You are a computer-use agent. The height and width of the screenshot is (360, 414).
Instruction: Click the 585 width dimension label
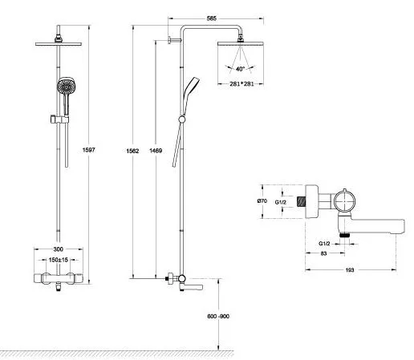(x=211, y=18)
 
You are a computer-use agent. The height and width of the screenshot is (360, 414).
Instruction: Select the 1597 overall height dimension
(x=88, y=150)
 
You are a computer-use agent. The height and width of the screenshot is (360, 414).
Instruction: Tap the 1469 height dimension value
(x=156, y=151)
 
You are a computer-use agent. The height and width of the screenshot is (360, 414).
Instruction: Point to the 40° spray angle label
(x=240, y=69)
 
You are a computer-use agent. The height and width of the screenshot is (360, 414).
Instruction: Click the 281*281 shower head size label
(x=241, y=83)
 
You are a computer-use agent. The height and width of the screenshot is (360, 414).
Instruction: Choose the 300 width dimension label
(x=58, y=249)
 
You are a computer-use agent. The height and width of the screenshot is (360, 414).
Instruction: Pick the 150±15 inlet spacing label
(x=59, y=260)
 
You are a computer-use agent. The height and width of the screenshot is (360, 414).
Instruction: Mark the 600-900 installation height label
(x=218, y=316)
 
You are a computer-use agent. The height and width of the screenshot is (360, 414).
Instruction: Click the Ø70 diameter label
(x=262, y=201)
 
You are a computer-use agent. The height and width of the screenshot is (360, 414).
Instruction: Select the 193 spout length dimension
(x=350, y=270)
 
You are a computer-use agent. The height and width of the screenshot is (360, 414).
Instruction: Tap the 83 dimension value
(x=323, y=253)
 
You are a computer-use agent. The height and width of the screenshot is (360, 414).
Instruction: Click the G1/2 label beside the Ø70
(x=281, y=202)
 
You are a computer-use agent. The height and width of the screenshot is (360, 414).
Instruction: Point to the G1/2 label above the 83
(x=324, y=244)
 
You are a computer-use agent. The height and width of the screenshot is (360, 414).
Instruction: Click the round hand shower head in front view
(x=67, y=86)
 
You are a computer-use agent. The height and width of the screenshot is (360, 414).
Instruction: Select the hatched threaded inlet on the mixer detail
(x=302, y=201)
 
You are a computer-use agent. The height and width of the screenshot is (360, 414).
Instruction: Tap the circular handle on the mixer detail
(x=344, y=200)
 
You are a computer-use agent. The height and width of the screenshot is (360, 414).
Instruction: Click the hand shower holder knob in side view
(x=181, y=119)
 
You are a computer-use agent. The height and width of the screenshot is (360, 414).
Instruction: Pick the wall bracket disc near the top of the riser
(x=169, y=40)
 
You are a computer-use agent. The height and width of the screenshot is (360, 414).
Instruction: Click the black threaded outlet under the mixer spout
(x=344, y=235)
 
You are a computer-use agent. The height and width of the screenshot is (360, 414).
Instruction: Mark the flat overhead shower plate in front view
(x=59, y=44)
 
